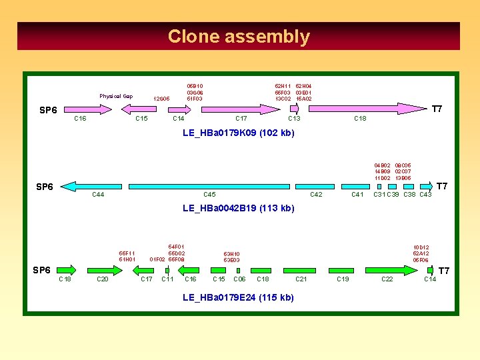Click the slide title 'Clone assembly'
coord(239,37)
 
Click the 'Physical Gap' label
coord(116,97)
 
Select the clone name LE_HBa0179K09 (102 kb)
coord(238,133)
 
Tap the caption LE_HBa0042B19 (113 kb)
coord(238,209)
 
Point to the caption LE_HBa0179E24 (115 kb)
coord(238,297)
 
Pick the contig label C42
coord(317,195)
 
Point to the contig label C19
coord(343,279)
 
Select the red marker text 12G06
coord(161,99)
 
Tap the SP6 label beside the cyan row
coord(45,187)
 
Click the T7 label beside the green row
coord(443,271)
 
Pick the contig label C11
coord(168,279)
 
